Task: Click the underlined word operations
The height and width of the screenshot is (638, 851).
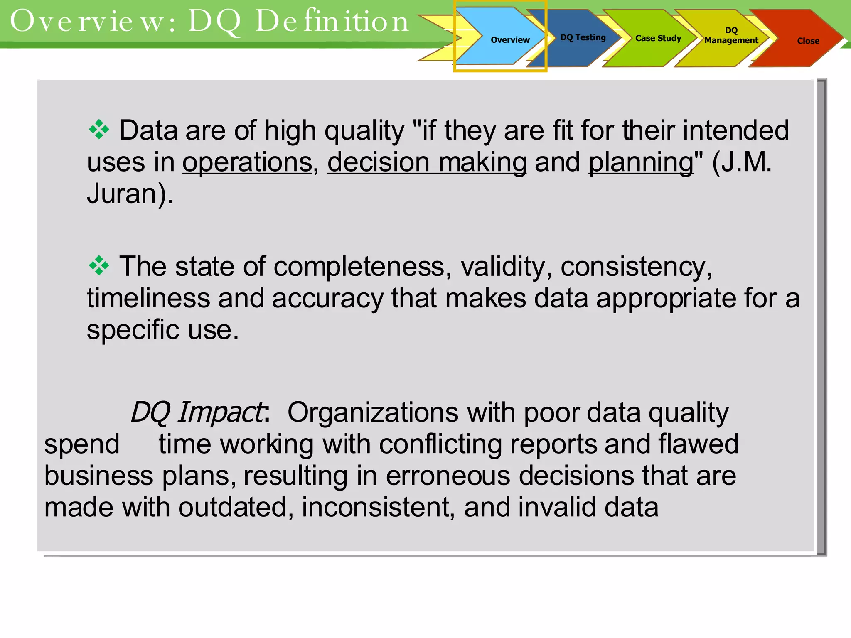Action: click(x=247, y=162)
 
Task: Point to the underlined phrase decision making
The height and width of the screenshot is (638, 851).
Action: click(x=427, y=162)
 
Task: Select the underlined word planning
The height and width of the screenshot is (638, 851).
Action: click(x=641, y=162)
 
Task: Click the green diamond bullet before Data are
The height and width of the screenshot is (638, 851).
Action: click(x=99, y=130)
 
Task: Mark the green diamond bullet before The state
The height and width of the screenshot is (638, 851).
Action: click(x=99, y=265)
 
